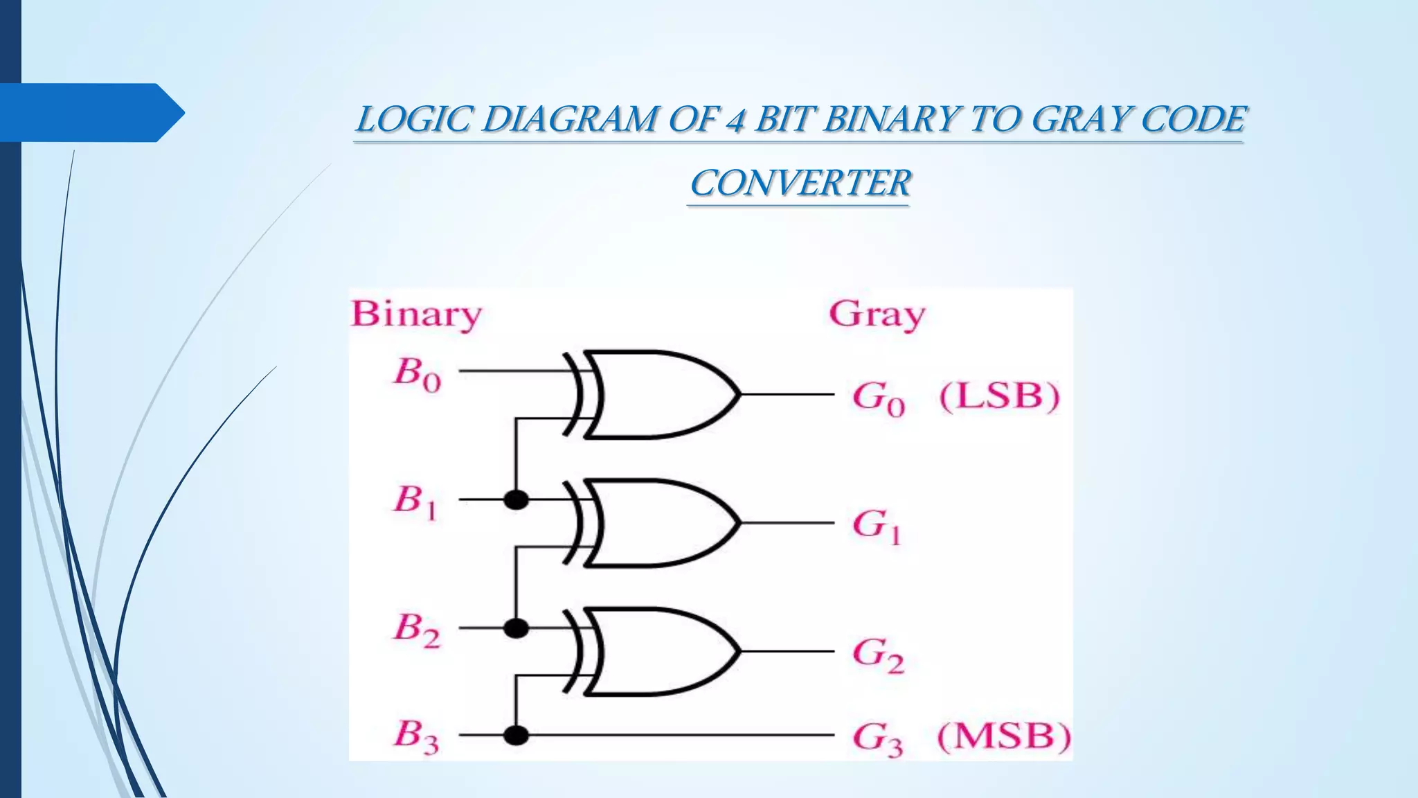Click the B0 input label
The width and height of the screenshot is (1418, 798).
pyautogui.click(x=417, y=374)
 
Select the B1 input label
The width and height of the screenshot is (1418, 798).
pyautogui.click(x=415, y=502)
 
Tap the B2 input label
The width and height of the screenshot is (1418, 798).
pyautogui.click(x=417, y=630)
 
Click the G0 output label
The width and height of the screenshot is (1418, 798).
pyautogui.click(x=878, y=398)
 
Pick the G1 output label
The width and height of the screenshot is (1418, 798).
pyautogui.click(x=877, y=526)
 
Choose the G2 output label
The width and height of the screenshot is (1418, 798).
pyautogui.click(x=878, y=655)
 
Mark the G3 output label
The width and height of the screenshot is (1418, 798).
pyautogui.click(x=878, y=739)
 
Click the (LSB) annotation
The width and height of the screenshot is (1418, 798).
pyautogui.click(x=999, y=397)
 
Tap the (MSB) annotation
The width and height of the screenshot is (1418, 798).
pyautogui.click(x=1003, y=736)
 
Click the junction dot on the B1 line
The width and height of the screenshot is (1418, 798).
pyautogui.click(x=516, y=499)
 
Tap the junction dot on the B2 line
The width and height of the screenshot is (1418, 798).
pyautogui.click(x=516, y=628)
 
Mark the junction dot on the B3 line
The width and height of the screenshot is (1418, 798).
pyautogui.click(x=516, y=734)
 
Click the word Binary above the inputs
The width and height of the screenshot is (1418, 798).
pyautogui.click(x=416, y=314)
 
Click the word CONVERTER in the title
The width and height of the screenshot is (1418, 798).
pyautogui.click(x=800, y=184)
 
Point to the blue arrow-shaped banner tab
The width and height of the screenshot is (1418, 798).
pyautogui.click(x=90, y=112)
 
